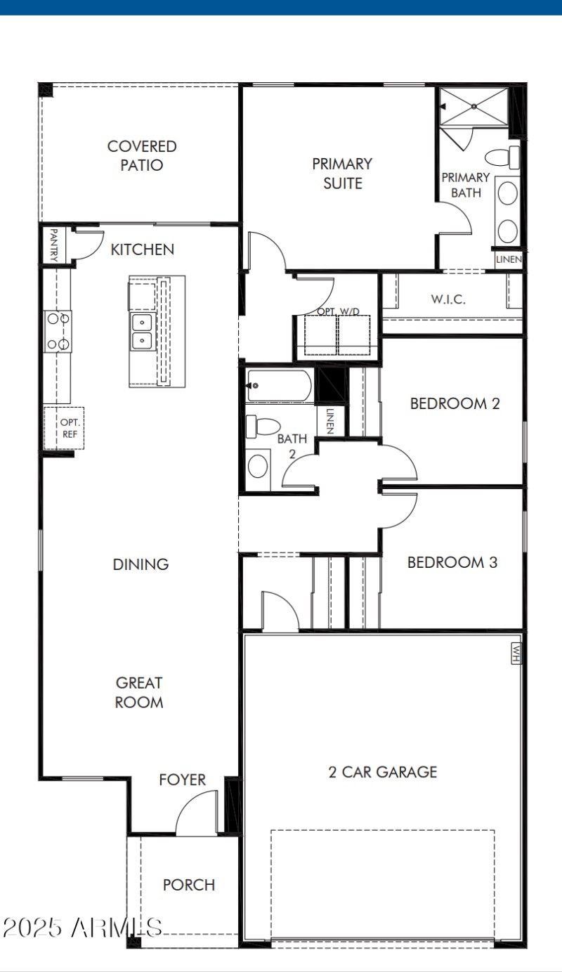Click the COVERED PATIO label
[x=141, y=156]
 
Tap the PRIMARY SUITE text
[x=342, y=174]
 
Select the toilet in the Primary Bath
[x=504, y=157]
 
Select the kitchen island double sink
[x=143, y=332]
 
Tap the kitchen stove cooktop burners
[x=58, y=331]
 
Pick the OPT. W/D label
[x=336, y=311]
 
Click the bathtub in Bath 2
[x=279, y=386]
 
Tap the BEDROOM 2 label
[x=455, y=404]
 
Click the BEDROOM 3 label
[x=452, y=562]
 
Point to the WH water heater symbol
[x=516, y=654]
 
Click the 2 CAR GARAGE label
[x=383, y=772]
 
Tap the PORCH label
[x=189, y=885]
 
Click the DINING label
[x=140, y=564]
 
